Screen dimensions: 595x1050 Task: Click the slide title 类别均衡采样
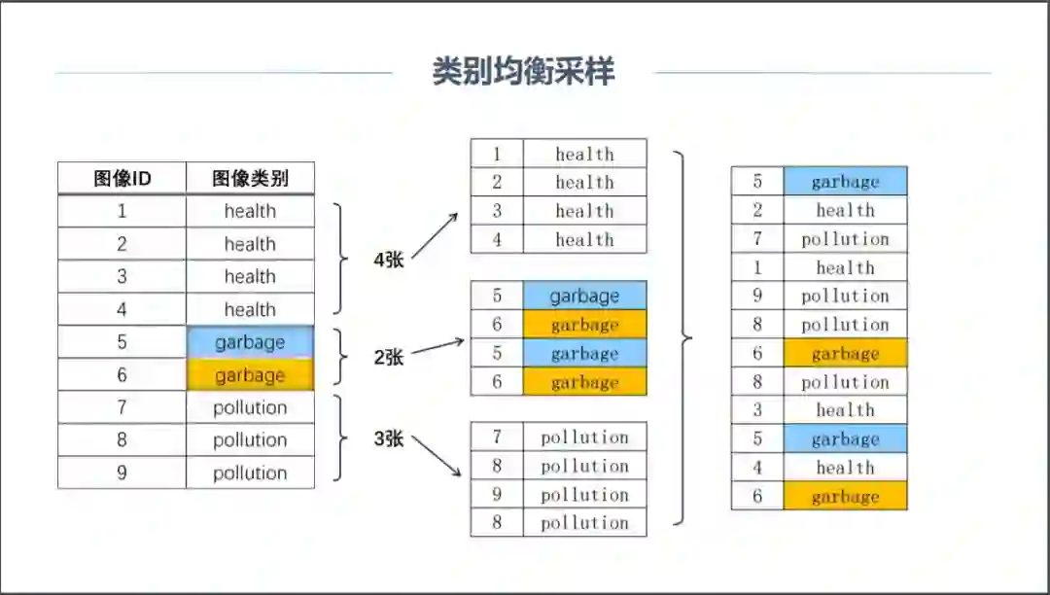[523, 72]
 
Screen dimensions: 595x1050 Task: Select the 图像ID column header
[122, 179]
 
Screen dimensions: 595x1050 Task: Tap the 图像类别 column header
[250, 179]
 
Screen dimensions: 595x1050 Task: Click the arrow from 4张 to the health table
[435, 236]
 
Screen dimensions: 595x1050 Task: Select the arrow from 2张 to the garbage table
[437, 346]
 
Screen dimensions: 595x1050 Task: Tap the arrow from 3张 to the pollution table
[437, 455]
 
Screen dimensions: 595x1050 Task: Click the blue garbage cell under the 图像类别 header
[250, 342]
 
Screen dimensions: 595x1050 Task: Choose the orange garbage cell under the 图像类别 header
[250, 375]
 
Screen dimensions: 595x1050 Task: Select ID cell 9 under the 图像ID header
[122, 472]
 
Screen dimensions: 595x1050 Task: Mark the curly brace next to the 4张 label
[340, 260]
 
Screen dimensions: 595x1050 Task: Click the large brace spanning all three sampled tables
[683, 338]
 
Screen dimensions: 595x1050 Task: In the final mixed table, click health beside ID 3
[845, 410]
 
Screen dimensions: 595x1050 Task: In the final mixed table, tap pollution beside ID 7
[845, 239]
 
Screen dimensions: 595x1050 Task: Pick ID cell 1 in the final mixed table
[757, 267]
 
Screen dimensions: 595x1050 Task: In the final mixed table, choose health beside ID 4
[845, 468]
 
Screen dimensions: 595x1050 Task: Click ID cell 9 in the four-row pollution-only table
[497, 495]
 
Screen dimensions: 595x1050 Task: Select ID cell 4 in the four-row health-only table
[497, 239]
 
